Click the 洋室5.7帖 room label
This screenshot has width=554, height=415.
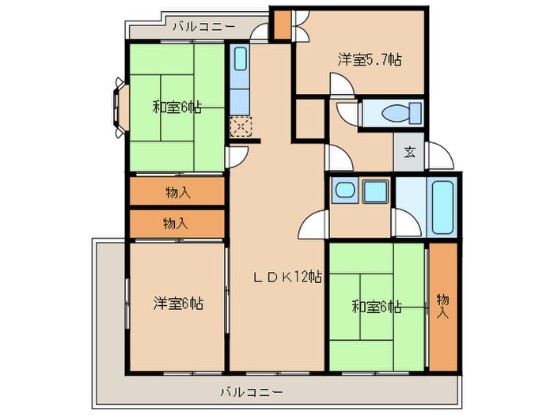(369, 59)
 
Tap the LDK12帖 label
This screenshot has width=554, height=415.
(287, 277)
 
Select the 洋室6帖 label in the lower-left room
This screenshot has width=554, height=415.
(178, 303)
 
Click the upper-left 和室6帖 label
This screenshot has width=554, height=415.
(176, 108)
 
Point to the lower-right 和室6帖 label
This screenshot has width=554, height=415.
(377, 306)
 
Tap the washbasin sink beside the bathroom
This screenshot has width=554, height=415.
(343, 191)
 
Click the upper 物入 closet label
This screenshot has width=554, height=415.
(177, 191)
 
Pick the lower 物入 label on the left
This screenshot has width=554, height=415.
(175, 223)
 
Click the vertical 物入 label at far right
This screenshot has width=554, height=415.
(442, 306)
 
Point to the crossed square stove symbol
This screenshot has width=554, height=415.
(239, 126)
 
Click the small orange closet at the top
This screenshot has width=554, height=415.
(282, 25)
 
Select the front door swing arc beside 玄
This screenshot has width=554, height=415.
(439, 159)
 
